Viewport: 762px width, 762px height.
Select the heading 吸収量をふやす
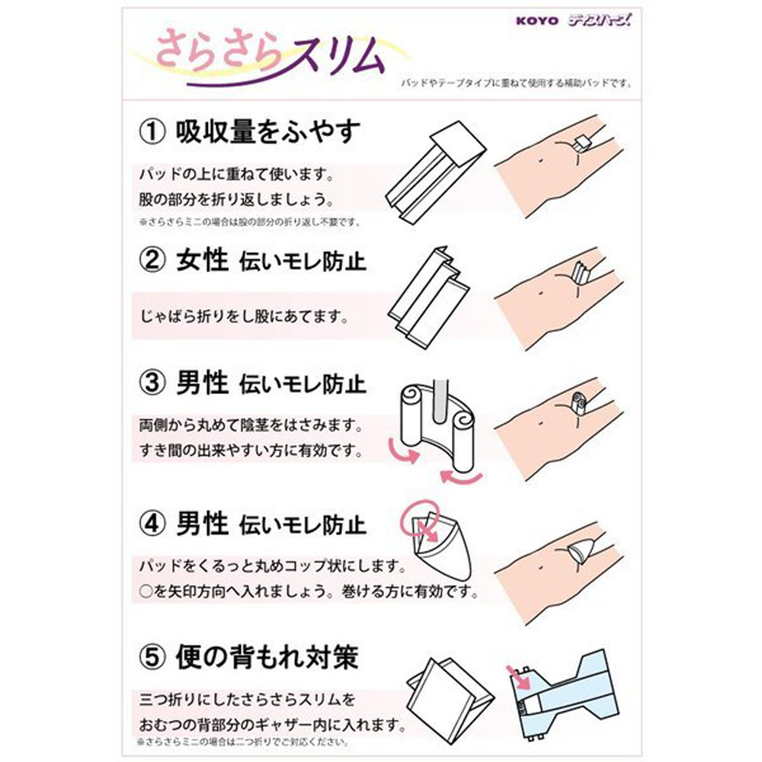tap(267, 132)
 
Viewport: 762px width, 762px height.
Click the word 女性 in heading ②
tap(203, 261)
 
